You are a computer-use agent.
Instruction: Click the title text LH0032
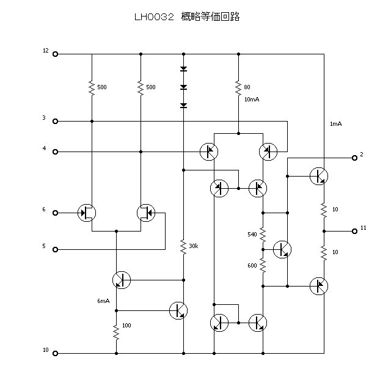154,17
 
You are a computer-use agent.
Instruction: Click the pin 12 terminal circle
56,54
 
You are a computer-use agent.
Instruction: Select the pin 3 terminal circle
56,121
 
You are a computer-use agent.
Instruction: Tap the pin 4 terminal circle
56,152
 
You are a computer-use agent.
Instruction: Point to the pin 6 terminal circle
56,213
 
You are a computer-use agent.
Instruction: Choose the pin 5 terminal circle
56,249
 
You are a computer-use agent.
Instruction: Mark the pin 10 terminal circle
56,353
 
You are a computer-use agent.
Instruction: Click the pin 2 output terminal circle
354,158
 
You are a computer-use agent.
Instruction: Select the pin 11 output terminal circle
354,231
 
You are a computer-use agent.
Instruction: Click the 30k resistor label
193,246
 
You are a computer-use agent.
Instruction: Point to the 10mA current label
252,99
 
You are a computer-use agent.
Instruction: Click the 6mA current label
103,301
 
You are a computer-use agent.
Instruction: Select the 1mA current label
335,124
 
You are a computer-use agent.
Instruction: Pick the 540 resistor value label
252,234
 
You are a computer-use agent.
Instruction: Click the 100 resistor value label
126,326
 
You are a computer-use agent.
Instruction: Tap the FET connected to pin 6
86,213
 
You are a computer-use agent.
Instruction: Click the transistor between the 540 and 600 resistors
282,249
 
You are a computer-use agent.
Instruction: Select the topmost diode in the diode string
183,69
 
